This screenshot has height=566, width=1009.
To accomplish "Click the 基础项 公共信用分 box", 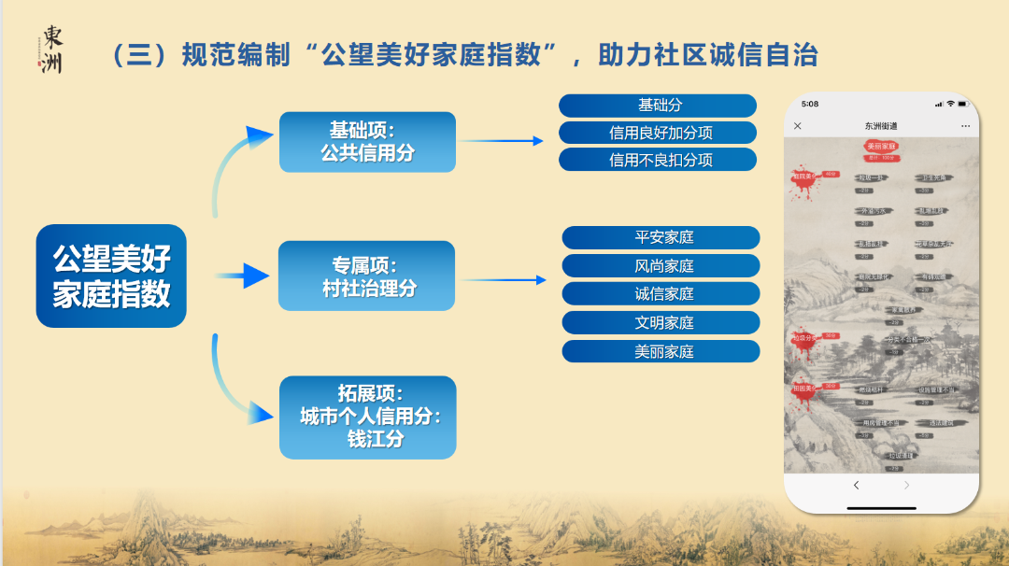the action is pos(367,142).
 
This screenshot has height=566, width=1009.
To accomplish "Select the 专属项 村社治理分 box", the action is pos(366,276).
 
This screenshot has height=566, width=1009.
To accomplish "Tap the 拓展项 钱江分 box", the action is pos(367,417).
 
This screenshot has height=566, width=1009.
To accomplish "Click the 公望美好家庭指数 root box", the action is pos(111,276).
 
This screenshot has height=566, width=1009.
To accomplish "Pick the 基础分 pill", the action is pos(658,106).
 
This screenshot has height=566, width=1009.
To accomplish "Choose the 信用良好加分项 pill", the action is pos(658,133).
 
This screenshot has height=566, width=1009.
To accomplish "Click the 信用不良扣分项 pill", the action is pos(658,160).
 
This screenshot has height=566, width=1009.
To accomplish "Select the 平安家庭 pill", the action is pos(661,237).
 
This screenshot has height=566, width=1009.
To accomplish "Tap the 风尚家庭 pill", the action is pos(661,266).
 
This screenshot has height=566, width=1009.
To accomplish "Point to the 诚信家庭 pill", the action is pos(661,294).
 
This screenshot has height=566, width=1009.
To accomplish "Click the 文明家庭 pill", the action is pos(661,323).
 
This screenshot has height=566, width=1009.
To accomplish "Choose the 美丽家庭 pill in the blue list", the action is pos(661,352).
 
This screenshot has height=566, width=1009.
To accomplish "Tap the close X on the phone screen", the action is pos(797,126).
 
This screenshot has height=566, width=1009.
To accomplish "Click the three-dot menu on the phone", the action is pos(965,126).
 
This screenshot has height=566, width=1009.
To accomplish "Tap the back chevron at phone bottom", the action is pos(856,486).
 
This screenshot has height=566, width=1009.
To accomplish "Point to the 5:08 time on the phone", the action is pos(810,104).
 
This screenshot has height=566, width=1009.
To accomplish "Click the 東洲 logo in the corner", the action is pos(51,50).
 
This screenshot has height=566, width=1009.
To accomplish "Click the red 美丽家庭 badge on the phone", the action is pos(881,147).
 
